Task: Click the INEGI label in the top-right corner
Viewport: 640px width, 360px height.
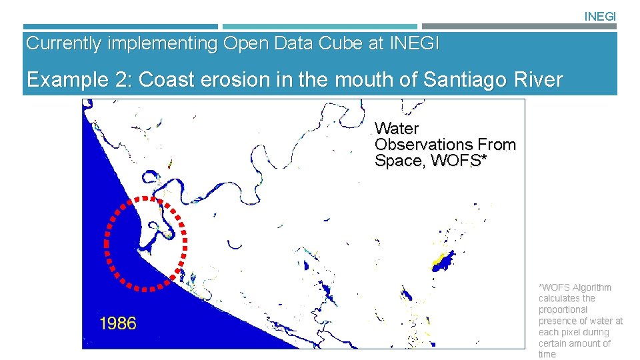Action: pos(600,16)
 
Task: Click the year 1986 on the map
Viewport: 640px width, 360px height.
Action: pos(118,324)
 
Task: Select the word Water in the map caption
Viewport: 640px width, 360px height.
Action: pos(397,129)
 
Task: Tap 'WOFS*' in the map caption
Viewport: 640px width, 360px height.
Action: pos(457,161)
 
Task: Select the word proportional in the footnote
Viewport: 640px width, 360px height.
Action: pos(563,310)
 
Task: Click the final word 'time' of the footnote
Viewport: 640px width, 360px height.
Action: pos(547,354)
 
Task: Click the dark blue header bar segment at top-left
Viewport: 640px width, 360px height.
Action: pos(120,27)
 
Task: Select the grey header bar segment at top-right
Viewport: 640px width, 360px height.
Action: pos(519,27)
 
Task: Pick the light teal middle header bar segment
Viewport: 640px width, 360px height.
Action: pos(319,27)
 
